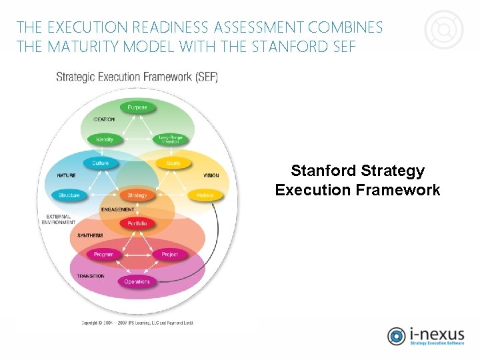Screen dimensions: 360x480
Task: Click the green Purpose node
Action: pos(137,107)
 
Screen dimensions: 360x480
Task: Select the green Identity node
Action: pos(105,139)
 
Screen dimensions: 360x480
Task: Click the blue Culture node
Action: pos(101,163)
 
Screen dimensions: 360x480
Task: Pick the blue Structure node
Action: pos(69,195)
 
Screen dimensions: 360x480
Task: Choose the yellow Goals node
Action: pos(173,163)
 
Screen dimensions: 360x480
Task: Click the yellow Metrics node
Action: pos(205,195)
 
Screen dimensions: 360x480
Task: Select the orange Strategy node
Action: pos(137,195)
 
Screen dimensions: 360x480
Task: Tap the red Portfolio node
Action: pos(137,223)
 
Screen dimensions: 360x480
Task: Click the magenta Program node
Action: pos(104,255)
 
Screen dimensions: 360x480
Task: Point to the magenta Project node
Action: pos(170,255)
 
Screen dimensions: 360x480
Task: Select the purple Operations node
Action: pos(137,281)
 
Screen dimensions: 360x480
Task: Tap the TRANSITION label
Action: pos(90,276)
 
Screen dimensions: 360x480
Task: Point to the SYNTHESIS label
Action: pos(90,235)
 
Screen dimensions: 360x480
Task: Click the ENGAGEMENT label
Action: pos(117,209)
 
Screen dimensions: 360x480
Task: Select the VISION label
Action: pos(211,176)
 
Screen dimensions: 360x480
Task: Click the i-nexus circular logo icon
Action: pos(397,336)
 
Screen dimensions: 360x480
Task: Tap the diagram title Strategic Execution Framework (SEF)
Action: pos(137,77)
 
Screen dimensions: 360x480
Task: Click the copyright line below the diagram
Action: pos(137,323)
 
